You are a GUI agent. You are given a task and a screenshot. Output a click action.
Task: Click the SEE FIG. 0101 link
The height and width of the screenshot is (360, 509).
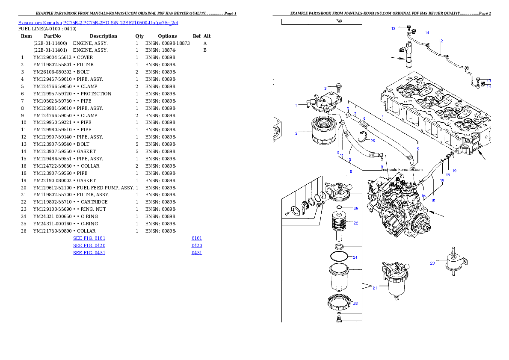click(89, 238)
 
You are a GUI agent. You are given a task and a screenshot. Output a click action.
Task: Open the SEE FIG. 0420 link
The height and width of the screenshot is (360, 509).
click(89, 246)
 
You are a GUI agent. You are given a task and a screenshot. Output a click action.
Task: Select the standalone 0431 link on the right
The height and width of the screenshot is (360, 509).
click(197, 253)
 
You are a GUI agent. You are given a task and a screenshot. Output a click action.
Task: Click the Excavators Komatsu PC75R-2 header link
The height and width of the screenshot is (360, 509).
click(98, 23)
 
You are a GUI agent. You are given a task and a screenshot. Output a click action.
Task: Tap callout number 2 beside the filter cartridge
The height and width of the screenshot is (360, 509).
click(296, 133)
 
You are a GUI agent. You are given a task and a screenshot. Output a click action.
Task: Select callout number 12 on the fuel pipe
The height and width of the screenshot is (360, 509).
click(441, 41)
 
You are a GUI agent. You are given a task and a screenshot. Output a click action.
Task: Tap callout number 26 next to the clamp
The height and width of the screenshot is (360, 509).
click(373, 140)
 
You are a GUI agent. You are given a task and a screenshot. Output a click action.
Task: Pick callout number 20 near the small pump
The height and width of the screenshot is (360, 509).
click(432, 263)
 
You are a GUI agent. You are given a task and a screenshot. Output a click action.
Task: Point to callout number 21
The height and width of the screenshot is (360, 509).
click(375, 288)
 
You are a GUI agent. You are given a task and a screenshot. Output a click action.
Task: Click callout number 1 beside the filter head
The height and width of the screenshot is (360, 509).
click(296, 105)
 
